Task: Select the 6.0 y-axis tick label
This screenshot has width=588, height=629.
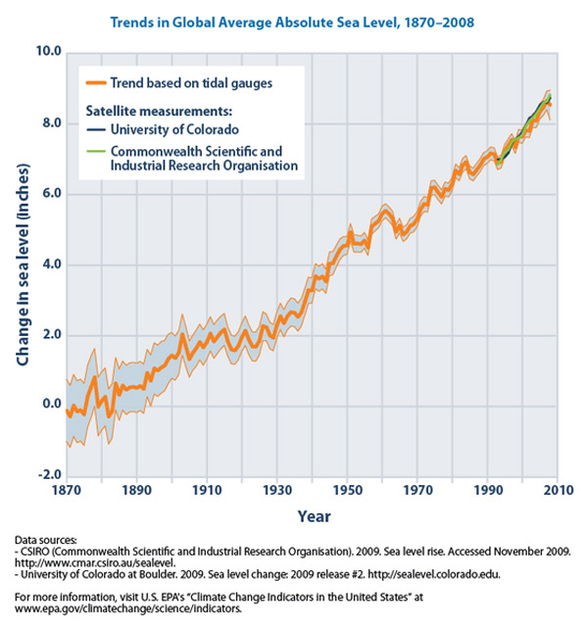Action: pos(45,194)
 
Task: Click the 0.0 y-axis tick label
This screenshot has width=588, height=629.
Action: pos(45,405)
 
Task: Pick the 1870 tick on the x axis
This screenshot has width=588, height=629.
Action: pos(66,488)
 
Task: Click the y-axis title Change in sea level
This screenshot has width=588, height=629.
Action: pos(21,264)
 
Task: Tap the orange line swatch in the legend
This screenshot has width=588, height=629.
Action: pos(95,83)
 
